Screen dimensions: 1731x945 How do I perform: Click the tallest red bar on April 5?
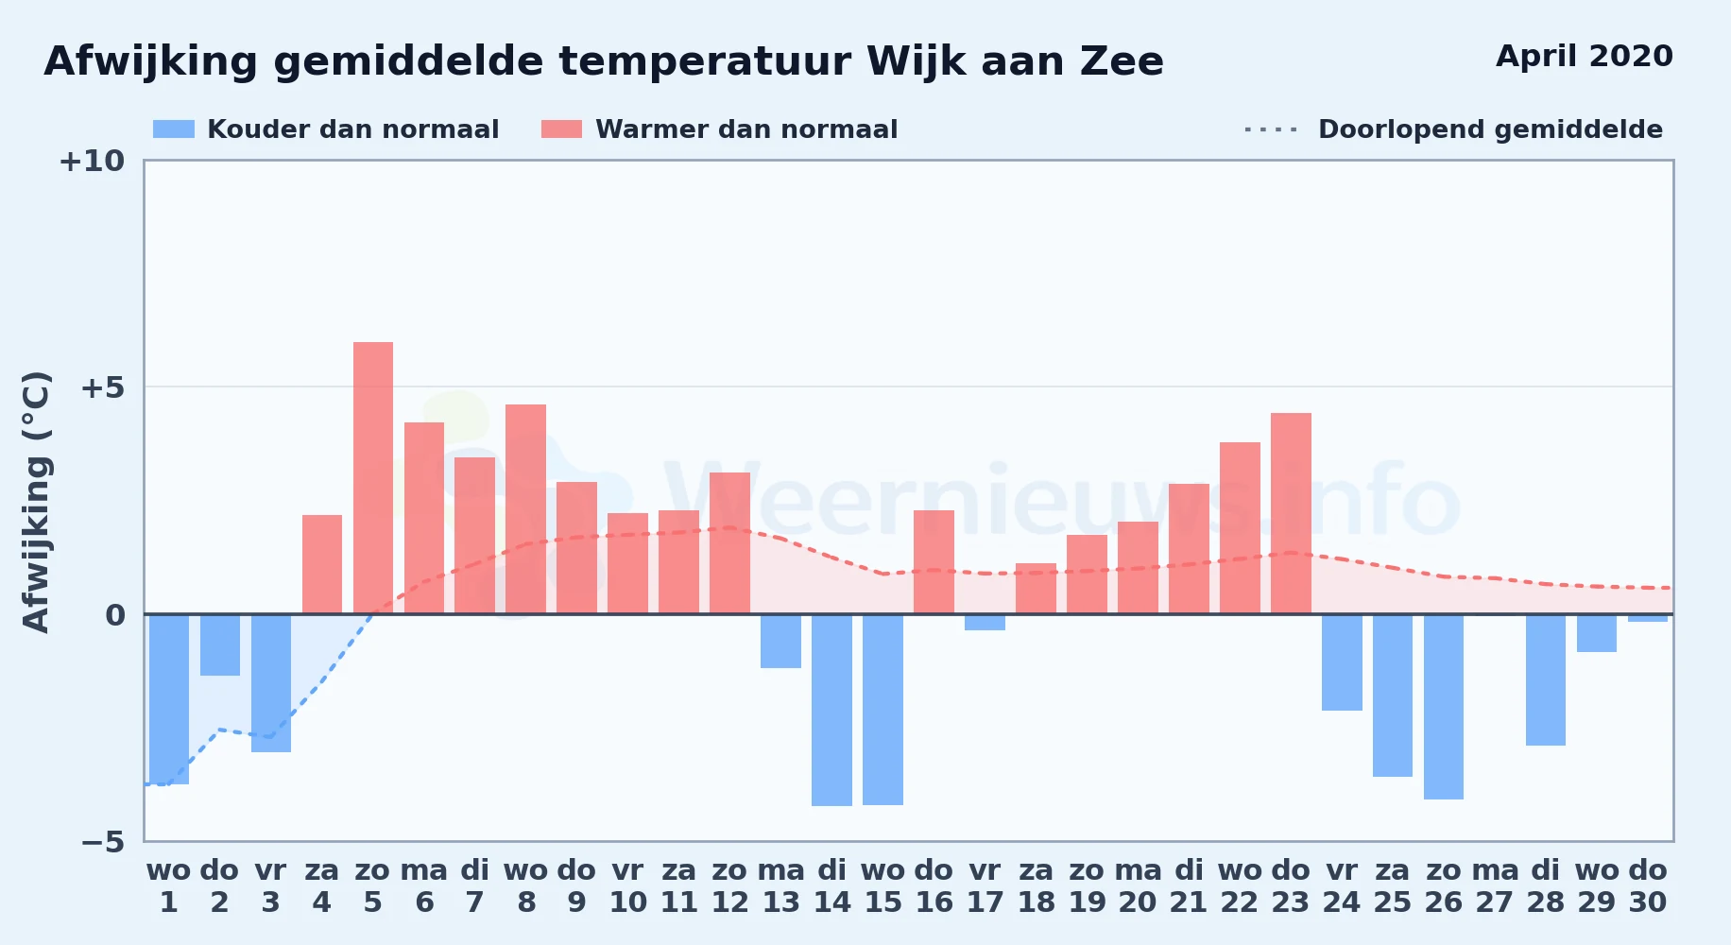pos(373,478)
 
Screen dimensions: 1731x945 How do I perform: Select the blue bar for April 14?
pos(831,710)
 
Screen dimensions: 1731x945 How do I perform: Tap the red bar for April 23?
pos(1291,513)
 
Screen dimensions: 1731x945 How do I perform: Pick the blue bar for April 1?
pos(169,699)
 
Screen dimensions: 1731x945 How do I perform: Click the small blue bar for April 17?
pos(985,622)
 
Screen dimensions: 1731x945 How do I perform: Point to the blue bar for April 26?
pos(1444,707)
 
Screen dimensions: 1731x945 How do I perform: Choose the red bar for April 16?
pos(934,562)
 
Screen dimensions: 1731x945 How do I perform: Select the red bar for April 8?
pos(525,509)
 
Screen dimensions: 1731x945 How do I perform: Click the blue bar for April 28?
pos(1546,680)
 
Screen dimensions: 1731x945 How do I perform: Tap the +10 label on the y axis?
pos(92,161)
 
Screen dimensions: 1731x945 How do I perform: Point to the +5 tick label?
pos(102,387)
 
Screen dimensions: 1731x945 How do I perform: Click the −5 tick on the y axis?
pos(102,841)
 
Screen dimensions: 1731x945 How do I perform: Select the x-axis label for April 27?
pos(1495,885)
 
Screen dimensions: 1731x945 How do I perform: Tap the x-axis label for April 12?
pos(729,885)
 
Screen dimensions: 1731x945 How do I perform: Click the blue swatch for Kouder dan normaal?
pos(174,129)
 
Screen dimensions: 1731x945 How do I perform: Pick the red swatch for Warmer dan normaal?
pos(562,129)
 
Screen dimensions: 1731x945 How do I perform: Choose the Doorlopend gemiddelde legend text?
pos(1490,129)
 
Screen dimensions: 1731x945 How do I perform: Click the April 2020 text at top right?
pos(1585,56)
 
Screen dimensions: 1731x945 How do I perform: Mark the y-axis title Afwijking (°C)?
pos(36,502)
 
